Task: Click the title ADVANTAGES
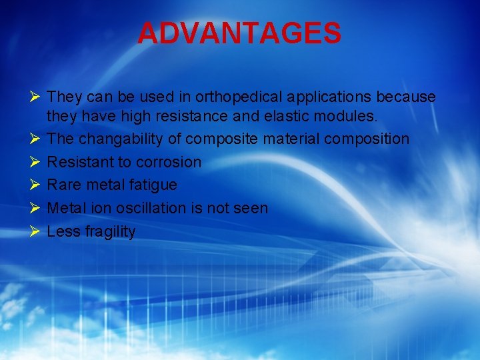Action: click(239, 33)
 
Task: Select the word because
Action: click(406, 97)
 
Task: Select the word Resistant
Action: click(80, 162)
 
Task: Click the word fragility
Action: click(109, 232)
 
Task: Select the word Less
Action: click(63, 232)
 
